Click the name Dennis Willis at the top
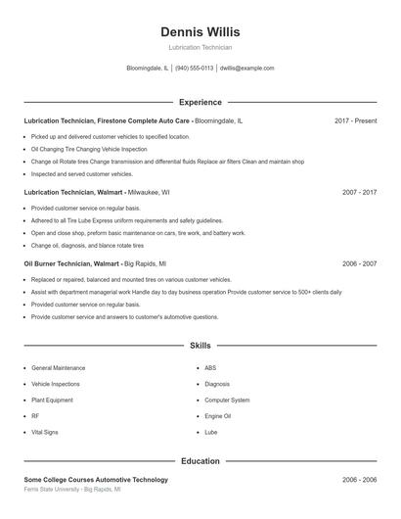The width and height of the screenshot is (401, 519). click(x=200, y=32)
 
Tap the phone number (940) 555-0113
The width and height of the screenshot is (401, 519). click(x=194, y=69)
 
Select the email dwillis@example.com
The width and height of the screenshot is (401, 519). click(x=246, y=69)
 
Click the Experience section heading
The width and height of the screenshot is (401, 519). click(x=200, y=102)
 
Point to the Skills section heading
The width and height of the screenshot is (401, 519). click(x=200, y=346)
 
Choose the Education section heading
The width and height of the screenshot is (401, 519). click(x=200, y=461)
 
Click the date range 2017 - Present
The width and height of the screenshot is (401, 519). click(x=355, y=120)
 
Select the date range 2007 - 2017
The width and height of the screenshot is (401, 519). click(x=359, y=193)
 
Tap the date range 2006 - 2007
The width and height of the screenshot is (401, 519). click(x=359, y=264)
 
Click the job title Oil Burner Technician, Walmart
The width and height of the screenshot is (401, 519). click(x=71, y=264)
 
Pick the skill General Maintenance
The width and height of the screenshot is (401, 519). click(x=58, y=368)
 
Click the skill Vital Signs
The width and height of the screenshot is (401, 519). click(x=45, y=432)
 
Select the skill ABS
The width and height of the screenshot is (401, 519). click(x=210, y=368)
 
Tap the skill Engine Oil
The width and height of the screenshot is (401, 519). click(x=217, y=416)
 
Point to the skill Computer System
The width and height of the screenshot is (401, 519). click(x=227, y=401)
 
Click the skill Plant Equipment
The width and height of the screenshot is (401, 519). click(x=52, y=401)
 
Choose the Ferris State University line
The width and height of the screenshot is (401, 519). click(x=71, y=489)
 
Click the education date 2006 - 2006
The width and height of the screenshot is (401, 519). click(x=359, y=480)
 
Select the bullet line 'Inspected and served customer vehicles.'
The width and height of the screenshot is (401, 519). click(x=81, y=174)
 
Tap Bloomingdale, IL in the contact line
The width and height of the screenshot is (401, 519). click(x=147, y=69)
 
